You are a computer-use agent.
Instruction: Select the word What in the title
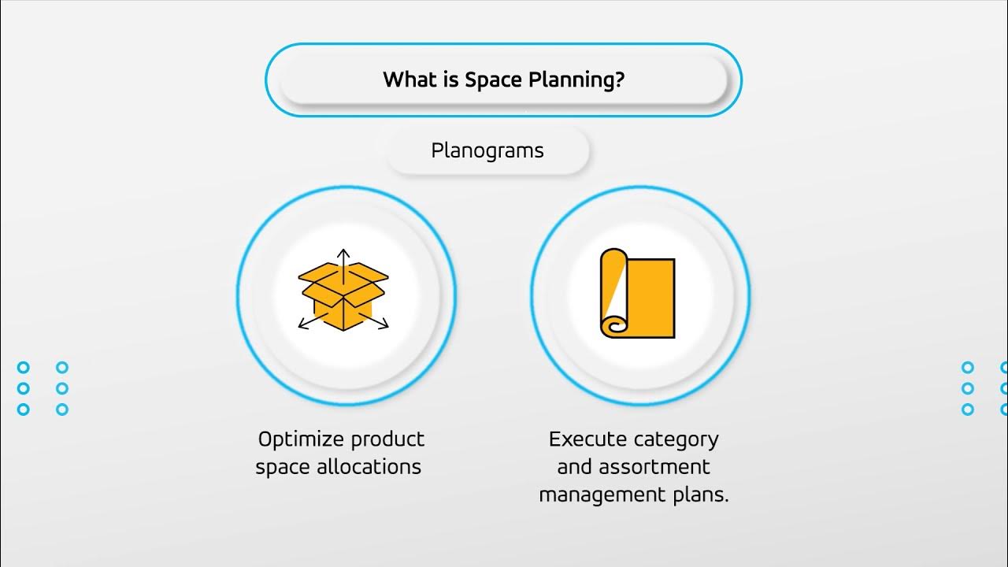pos(408,80)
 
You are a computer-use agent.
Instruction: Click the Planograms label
pos(487,150)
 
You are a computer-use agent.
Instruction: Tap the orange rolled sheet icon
pos(638,294)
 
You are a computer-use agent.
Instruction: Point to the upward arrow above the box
pos(343,257)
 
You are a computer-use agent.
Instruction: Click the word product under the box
pos(388,439)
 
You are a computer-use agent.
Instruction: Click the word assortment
pos(654,467)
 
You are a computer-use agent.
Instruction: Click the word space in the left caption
pos(283,467)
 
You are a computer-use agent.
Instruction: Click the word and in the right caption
pos(574,467)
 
